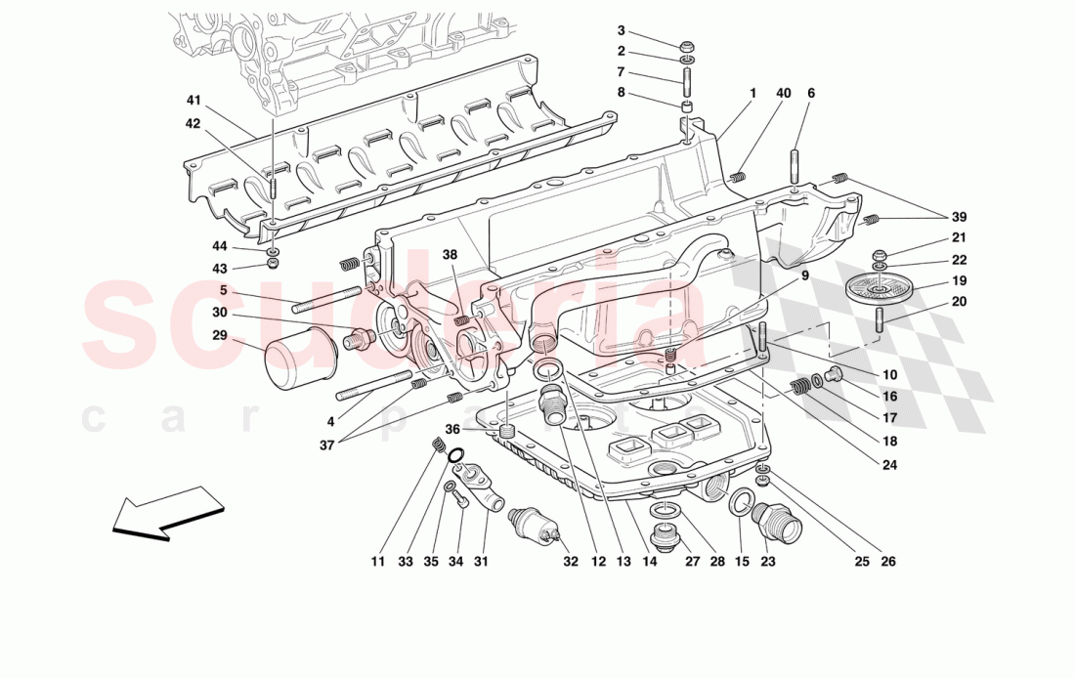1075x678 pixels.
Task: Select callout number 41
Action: click(193, 101)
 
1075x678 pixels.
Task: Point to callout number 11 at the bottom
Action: click(379, 562)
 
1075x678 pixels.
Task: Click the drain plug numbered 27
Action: click(663, 534)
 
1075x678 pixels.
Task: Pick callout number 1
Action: click(753, 94)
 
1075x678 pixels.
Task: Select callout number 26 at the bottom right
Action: click(887, 562)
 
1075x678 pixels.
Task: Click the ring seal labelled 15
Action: click(741, 503)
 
